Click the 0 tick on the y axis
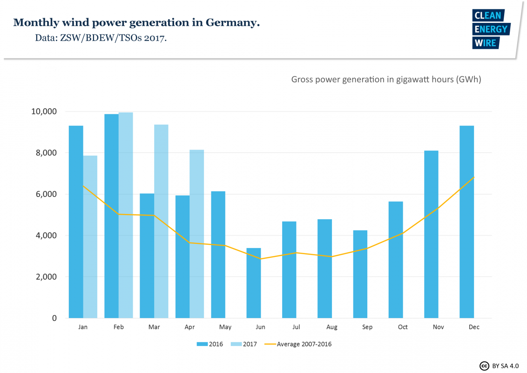tap(54, 318)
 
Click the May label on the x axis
tap(225, 327)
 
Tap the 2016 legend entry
tap(210, 345)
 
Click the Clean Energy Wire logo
tap(491, 29)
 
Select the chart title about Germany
tap(136, 22)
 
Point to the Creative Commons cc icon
tap(484, 366)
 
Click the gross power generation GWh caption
tap(386, 79)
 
